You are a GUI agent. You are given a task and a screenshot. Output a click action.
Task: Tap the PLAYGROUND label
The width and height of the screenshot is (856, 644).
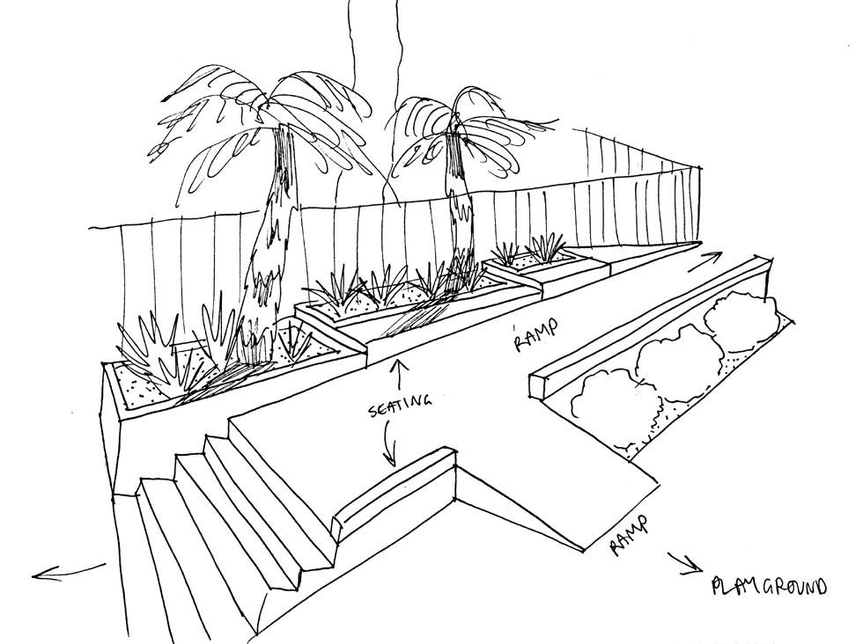tap(768, 587)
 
